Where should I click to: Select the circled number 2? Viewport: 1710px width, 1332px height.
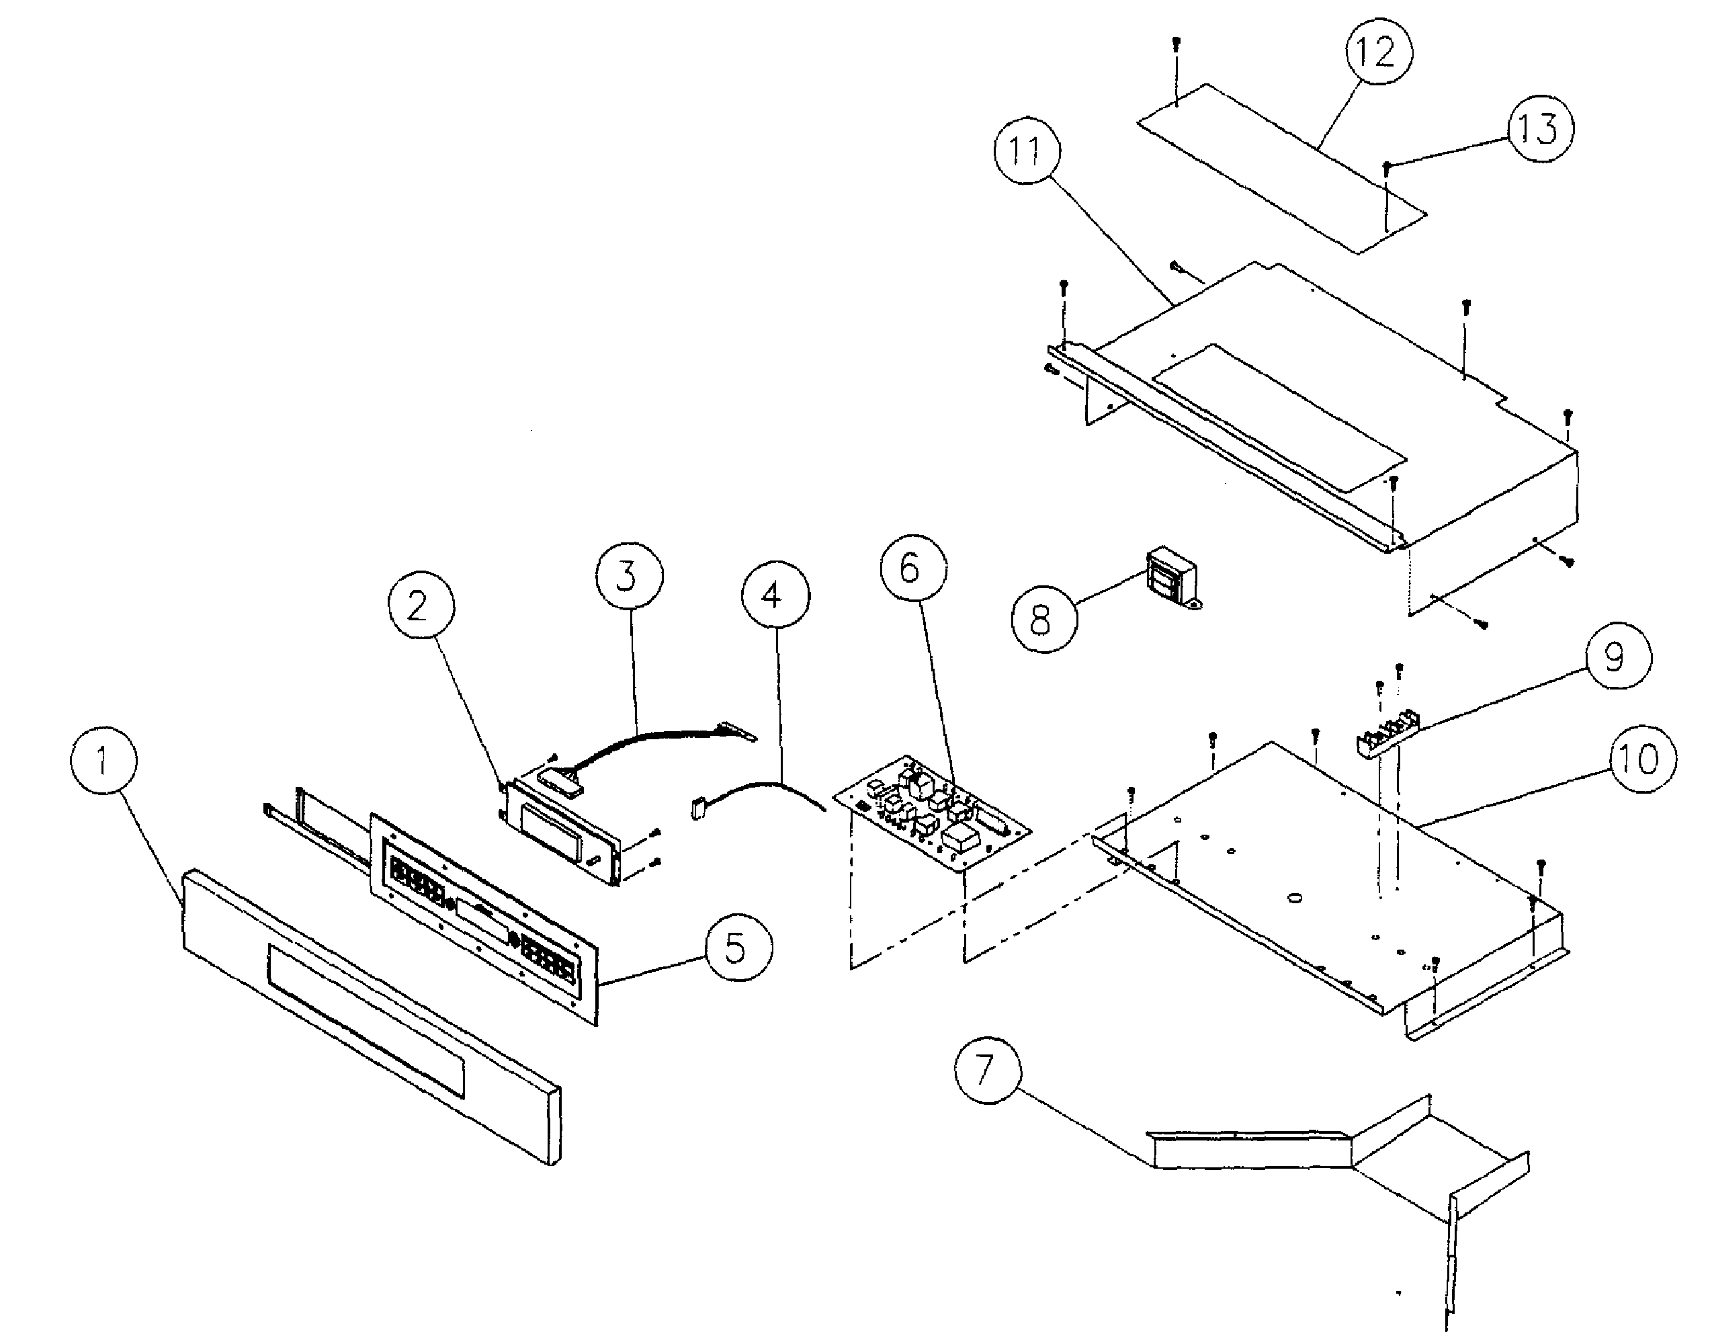(421, 606)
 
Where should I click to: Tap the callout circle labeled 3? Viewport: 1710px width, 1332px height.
(628, 575)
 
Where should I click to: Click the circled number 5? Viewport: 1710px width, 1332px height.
(738, 948)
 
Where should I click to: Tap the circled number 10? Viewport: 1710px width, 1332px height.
(1643, 759)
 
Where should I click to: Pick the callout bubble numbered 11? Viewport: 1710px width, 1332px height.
(1027, 151)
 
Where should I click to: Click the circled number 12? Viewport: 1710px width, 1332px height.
(1379, 52)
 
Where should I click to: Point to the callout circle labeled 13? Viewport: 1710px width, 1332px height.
(1539, 128)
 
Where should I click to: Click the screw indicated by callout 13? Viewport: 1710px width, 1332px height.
(1387, 165)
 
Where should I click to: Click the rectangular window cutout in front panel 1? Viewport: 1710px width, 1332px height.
(365, 1019)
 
